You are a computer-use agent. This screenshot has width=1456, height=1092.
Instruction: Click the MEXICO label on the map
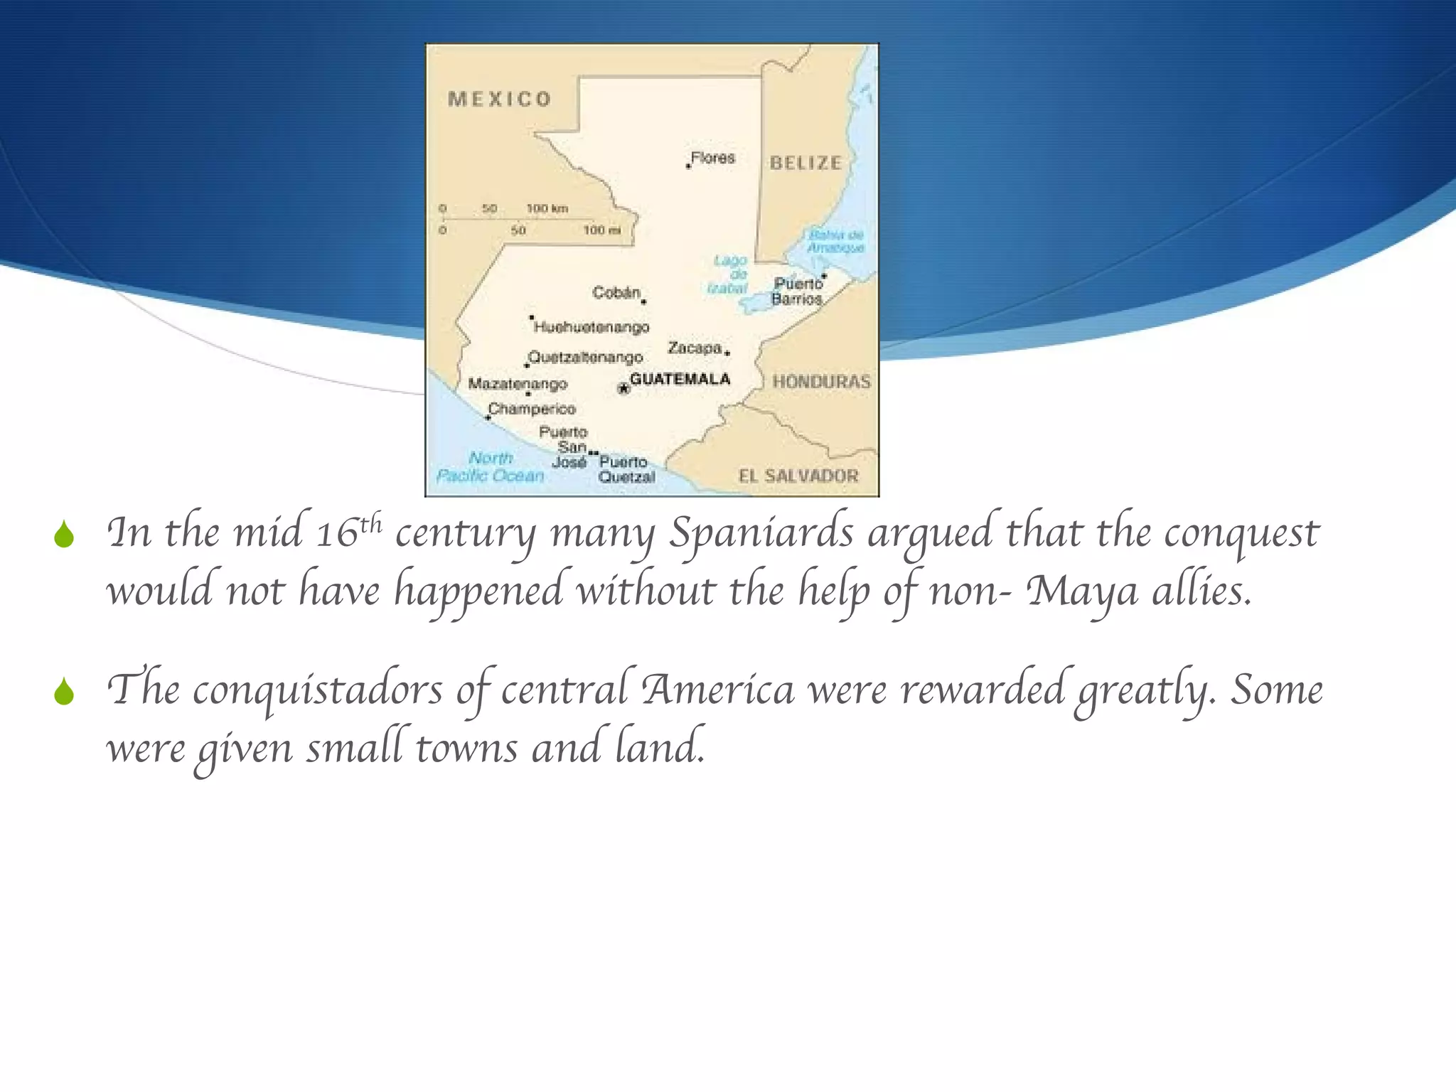pyautogui.click(x=499, y=99)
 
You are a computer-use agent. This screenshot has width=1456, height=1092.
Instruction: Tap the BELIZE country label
pyautogui.click(x=805, y=163)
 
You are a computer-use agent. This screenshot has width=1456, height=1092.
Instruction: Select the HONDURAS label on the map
pyautogui.click(x=821, y=382)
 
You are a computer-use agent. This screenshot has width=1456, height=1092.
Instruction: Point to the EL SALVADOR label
pyautogui.click(x=798, y=476)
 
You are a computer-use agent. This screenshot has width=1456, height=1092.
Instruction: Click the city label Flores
pyautogui.click(x=712, y=158)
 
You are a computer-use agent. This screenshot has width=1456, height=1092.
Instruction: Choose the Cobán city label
pyautogui.click(x=616, y=292)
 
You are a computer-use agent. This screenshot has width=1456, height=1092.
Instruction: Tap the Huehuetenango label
pyautogui.click(x=591, y=327)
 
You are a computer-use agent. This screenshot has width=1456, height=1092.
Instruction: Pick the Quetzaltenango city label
pyautogui.click(x=586, y=357)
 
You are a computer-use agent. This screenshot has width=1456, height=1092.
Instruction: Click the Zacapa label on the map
pyautogui.click(x=695, y=348)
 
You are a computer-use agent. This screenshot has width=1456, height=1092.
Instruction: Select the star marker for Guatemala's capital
pyautogui.click(x=623, y=388)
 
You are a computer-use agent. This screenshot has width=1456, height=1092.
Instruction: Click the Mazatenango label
pyautogui.click(x=518, y=384)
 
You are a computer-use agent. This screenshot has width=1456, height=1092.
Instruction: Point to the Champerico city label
pyautogui.click(x=532, y=409)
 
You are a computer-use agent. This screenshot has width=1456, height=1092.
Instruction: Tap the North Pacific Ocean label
pyautogui.click(x=491, y=467)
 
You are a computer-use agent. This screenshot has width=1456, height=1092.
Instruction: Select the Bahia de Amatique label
pyautogui.click(x=835, y=241)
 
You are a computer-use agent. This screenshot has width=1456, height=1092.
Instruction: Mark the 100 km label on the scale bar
pyautogui.click(x=547, y=208)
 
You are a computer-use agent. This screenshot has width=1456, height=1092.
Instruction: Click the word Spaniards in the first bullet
pyautogui.click(x=761, y=532)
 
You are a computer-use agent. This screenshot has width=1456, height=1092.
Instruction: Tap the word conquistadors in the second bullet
pyautogui.click(x=317, y=690)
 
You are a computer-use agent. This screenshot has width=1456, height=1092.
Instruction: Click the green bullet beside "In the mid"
pyautogui.click(x=64, y=535)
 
